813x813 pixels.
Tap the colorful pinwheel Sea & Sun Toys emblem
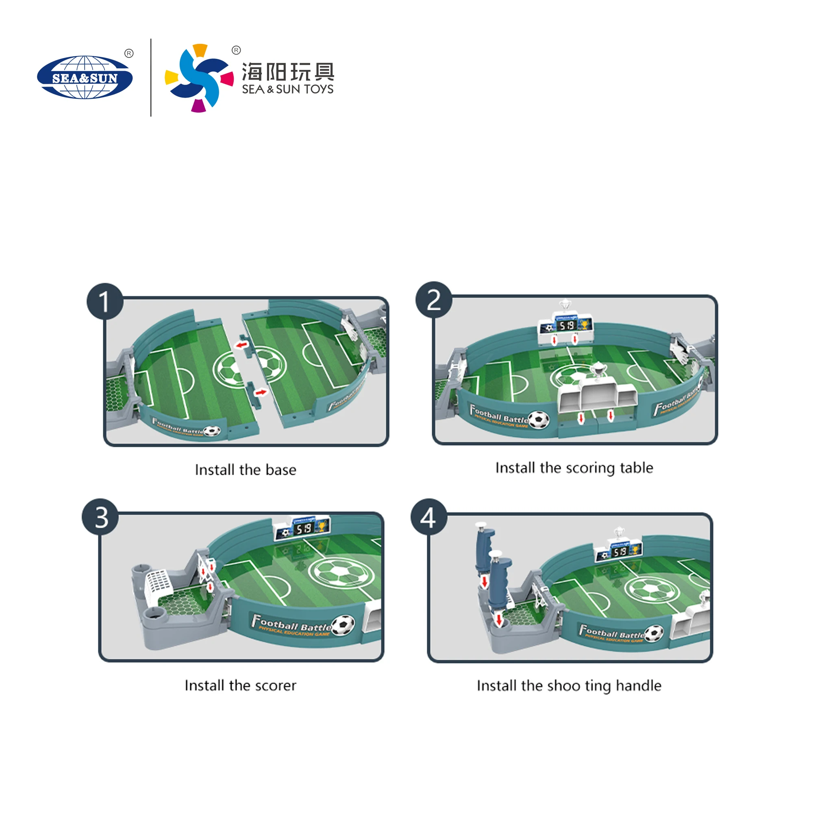click(x=199, y=78)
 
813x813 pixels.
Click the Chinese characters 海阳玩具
click(x=288, y=72)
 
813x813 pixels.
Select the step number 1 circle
click(x=105, y=301)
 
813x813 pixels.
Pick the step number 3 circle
click(x=100, y=517)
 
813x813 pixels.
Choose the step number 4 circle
click(x=429, y=517)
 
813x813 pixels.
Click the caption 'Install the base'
click(x=246, y=470)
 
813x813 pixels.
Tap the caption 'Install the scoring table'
click(x=574, y=468)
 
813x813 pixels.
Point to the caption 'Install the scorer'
click(x=240, y=685)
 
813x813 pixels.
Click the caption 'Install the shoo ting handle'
click(x=569, y=685)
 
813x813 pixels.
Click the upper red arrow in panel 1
click(x=241, y=345)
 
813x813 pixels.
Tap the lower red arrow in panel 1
click(x=261, y=393)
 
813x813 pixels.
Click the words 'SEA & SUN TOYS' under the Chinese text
click(x=287, y=89)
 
